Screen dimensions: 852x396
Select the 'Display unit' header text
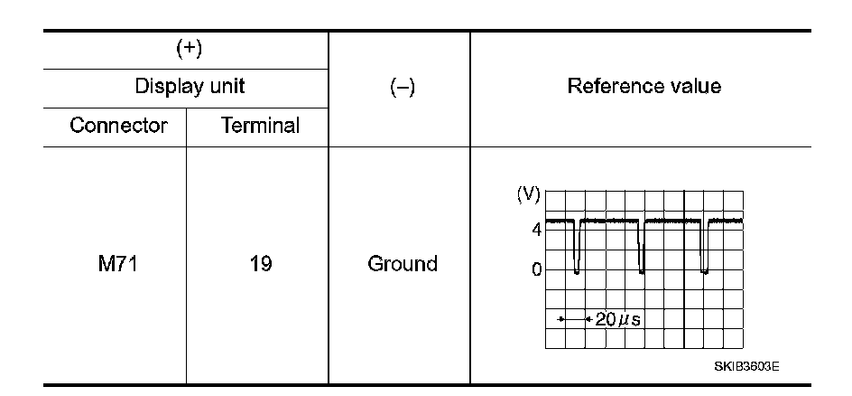coord(190,88)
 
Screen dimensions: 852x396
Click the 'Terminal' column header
coord(260,126)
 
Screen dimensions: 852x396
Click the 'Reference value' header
coord(644,87)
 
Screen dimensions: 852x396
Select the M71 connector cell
coord(119,264)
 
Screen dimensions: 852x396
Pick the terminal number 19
coord(261,264)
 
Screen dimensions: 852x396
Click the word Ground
coord(403,264)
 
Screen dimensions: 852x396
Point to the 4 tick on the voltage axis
coord(536,230)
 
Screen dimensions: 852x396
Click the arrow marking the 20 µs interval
coord(573,319)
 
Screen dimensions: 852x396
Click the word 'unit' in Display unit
coord(226,88)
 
